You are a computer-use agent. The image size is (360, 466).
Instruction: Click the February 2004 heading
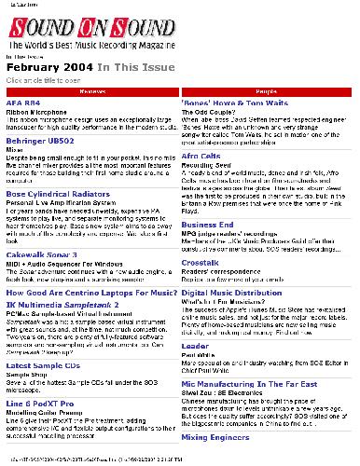pyautogui.click(x=48, y=68)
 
